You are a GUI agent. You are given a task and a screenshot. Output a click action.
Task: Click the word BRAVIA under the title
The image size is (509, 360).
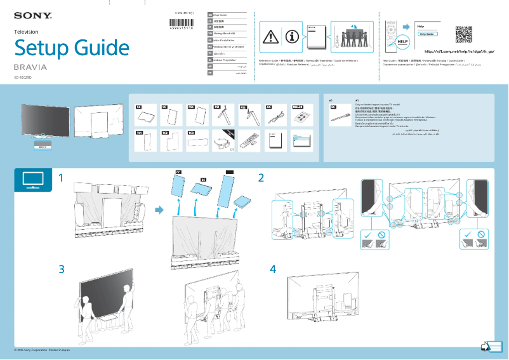click(30, 67)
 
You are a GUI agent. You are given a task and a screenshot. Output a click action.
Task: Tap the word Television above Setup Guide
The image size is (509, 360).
click(26, 31)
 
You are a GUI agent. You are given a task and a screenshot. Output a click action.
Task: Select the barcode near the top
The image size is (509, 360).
click(183, 23)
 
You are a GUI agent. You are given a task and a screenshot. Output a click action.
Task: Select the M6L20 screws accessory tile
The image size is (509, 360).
click(301, 116)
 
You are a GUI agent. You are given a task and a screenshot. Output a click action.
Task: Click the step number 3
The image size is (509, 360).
click(62, 269)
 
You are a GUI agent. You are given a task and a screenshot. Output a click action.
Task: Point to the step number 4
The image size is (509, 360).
click(273, 269)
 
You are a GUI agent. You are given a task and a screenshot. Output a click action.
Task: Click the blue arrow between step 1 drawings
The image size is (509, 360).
click(159, 210)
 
